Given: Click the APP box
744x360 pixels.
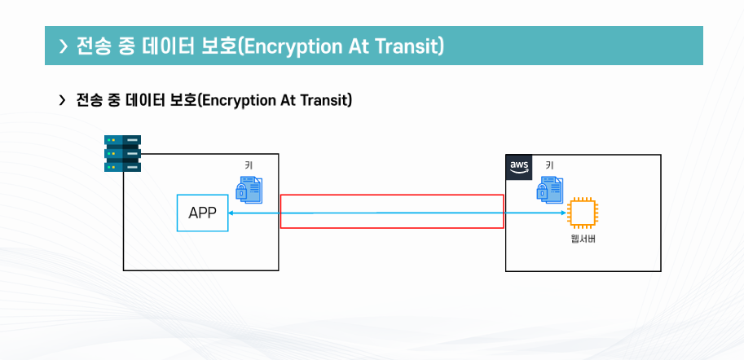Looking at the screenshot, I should click(x=202, y=213).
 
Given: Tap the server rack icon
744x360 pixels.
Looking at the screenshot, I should click(x=122, y=153).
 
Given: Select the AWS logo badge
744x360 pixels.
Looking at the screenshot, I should click(x=519, y=166).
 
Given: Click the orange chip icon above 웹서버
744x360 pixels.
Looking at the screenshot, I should click(x=582, y=213).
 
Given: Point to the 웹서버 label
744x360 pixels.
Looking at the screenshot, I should click(x=583, y=239).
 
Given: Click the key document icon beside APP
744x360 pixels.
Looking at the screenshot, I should click(x=249, y=189).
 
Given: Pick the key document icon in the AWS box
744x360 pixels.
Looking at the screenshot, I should click(x=549, y=189).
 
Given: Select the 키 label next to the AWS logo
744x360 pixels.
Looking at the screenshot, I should click(x=549, y=165).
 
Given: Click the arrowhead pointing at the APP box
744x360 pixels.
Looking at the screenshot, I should click(x=232, y=213).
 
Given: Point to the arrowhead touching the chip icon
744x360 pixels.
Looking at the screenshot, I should click(x=563, y=213).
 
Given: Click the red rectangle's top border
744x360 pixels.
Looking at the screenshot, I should click(x=391, y=195).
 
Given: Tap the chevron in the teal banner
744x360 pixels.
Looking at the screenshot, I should click(x=63, y=46).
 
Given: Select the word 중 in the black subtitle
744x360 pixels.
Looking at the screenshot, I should click(x=115, y=100).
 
